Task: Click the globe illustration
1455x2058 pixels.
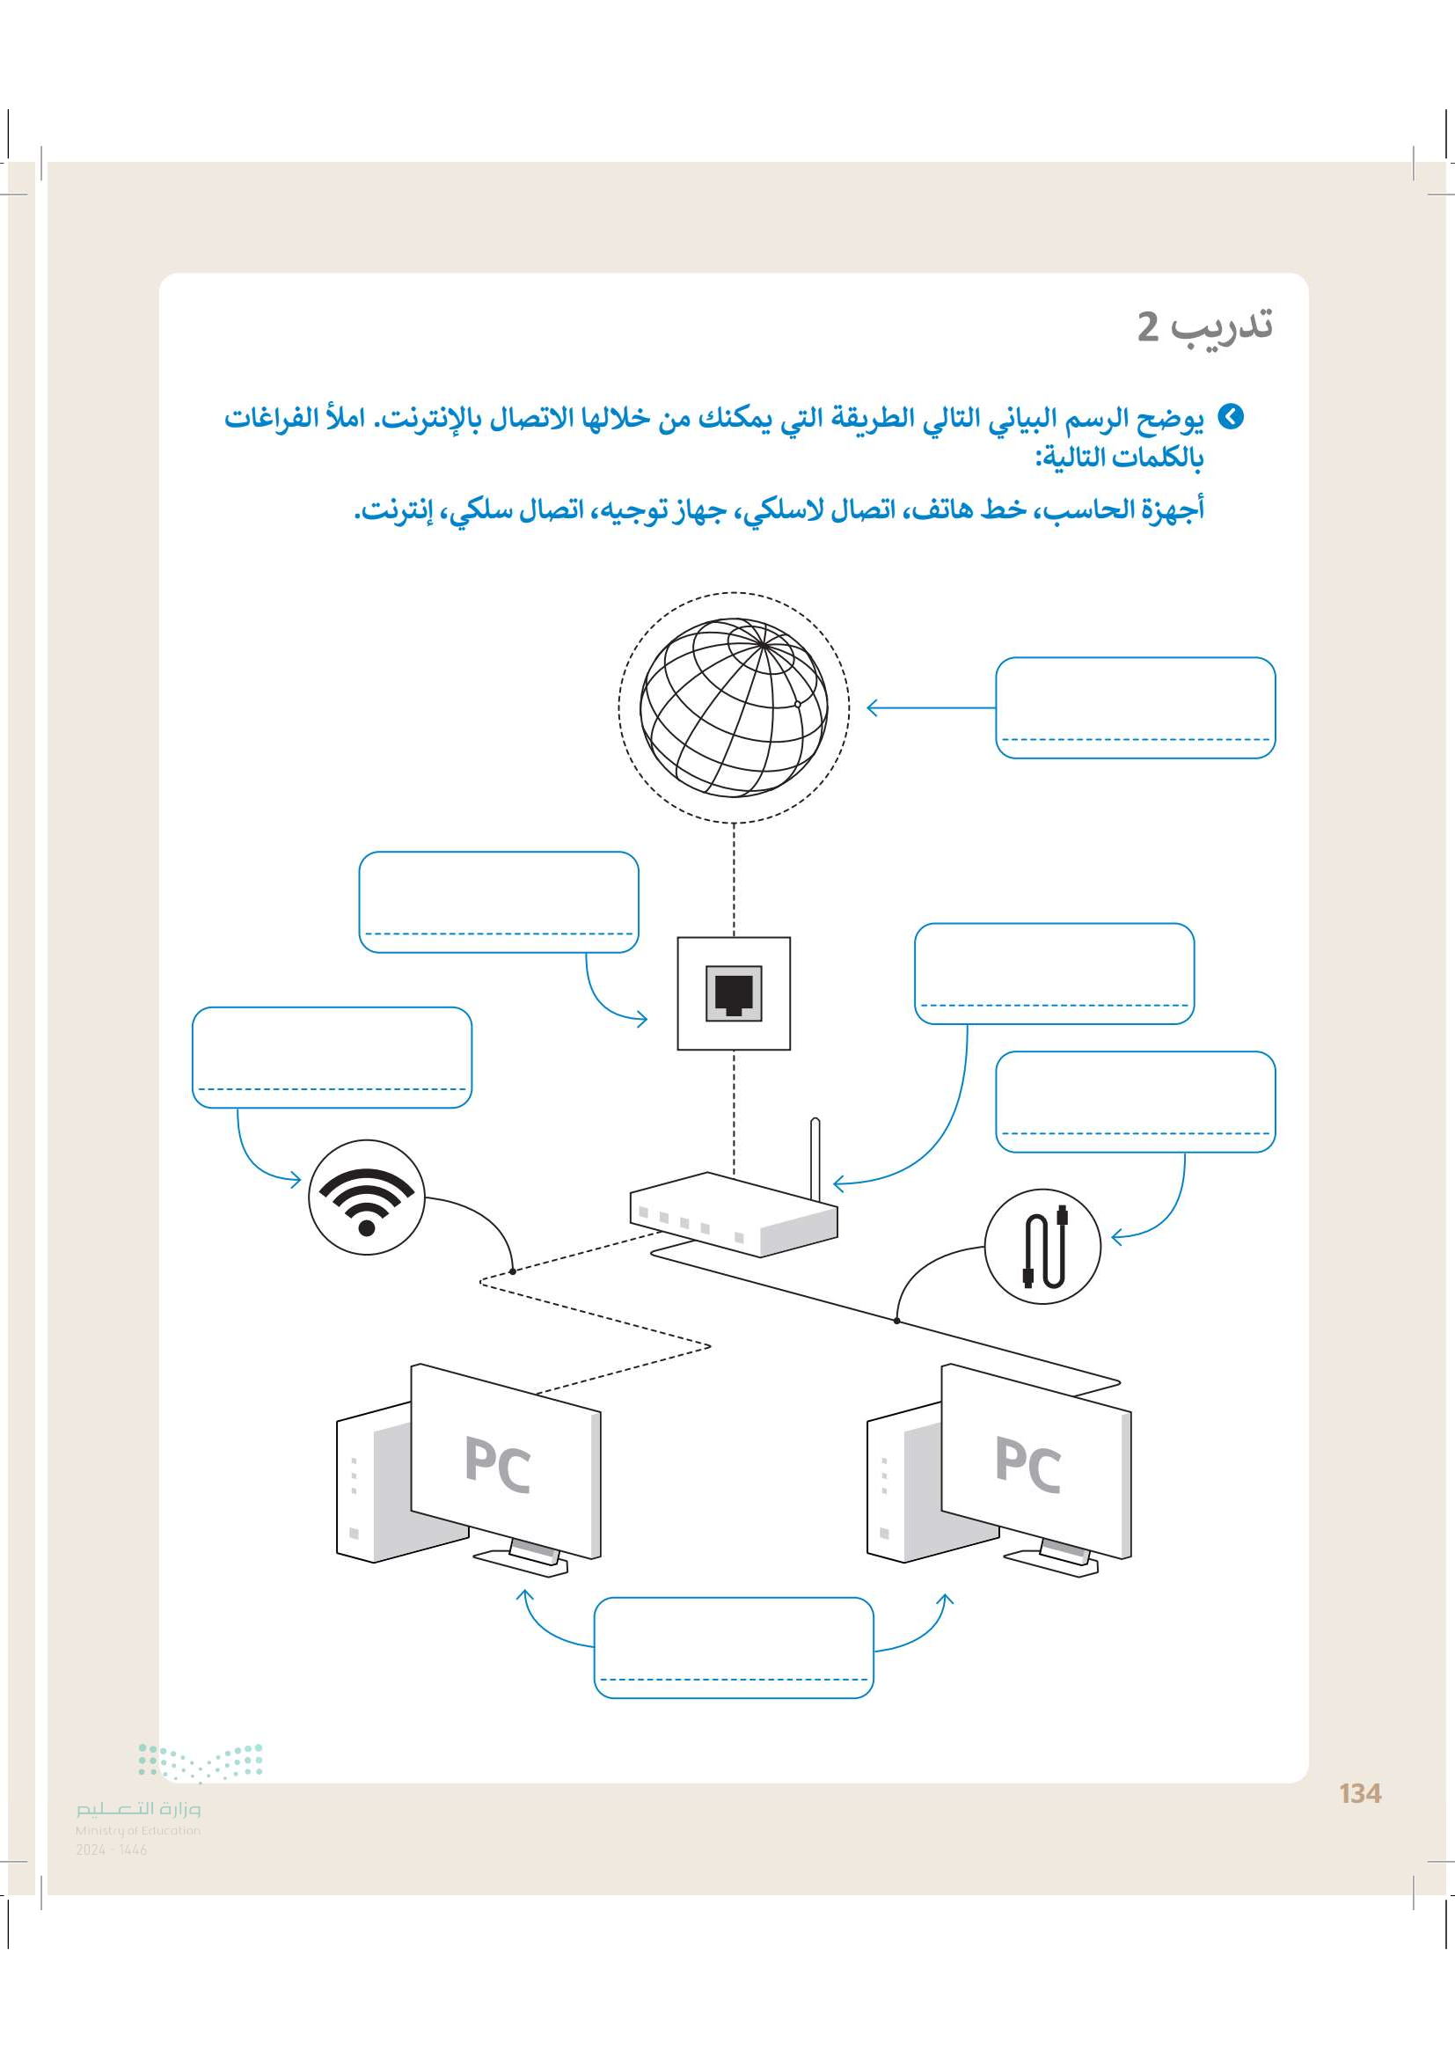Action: point(733,707)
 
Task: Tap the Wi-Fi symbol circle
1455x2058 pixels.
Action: point(367,1197)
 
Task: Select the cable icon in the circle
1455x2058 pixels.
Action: point(1042,1246)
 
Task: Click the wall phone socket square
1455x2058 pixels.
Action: point(734,993)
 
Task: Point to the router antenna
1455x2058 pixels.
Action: point(815,1160)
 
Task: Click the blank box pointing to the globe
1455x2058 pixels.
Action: point(1135,707)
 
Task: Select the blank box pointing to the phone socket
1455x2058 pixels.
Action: point(498,901)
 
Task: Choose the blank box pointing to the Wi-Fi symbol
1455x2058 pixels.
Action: point(332,1057)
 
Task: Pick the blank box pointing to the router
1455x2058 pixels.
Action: point(1054,972)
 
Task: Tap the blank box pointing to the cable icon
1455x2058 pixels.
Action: point(1135,1101)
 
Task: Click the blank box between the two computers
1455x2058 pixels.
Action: point(733,1646)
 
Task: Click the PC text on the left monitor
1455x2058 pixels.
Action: point(498,1465)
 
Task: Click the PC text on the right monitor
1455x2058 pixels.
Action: point(1028,1465)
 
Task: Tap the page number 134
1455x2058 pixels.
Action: point(1360,1793)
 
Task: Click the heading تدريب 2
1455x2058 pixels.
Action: point(1204,326)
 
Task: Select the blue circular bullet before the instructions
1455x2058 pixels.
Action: point(1232,417)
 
